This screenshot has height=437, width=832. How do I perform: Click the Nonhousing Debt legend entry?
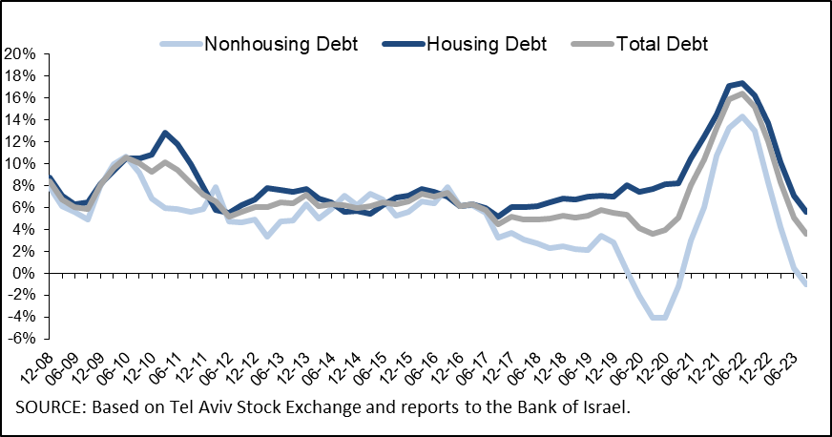click(280, 43)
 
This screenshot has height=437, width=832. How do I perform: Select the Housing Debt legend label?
click(487, 43)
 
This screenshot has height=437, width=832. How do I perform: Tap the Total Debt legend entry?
click(661, 43)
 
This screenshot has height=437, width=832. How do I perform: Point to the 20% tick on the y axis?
click(20, 53)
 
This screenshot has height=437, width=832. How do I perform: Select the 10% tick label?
click(20, 163)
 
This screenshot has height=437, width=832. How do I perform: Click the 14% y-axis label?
click(20, 119)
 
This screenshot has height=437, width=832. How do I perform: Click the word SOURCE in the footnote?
click(49, 407)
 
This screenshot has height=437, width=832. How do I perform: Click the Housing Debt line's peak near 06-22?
click(742, 83)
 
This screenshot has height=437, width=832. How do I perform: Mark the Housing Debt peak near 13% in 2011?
click(165, 133)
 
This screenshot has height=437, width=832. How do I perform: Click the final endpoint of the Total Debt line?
click(806, 234)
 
